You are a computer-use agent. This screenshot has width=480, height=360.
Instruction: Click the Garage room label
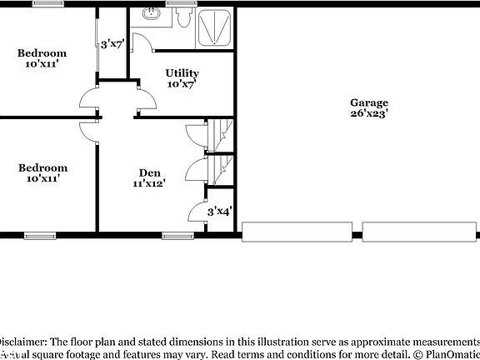(x=369, y=103)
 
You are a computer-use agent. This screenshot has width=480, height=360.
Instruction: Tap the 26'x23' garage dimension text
(x=369, y=114)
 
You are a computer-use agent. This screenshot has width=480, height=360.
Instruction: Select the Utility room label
(x=182, y=73)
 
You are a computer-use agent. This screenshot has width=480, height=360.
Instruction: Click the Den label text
(x=149, y=172)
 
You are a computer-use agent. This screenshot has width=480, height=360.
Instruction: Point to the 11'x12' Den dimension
(x=149, y=183)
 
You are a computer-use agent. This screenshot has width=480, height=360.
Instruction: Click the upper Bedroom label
(x=42, y=53)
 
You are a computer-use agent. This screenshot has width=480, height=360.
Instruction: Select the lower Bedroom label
(x=42, y=167)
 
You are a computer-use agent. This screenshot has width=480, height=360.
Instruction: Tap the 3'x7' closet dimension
(x=112, y=44)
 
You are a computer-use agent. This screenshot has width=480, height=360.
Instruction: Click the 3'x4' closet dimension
(x=218, y=212)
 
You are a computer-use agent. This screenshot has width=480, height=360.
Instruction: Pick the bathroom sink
(x=152, y=14)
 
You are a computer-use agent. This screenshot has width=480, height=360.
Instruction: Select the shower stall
(x=215, y=27)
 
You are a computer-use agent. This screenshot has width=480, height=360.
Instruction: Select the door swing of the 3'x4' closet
(x=197, y=213)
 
